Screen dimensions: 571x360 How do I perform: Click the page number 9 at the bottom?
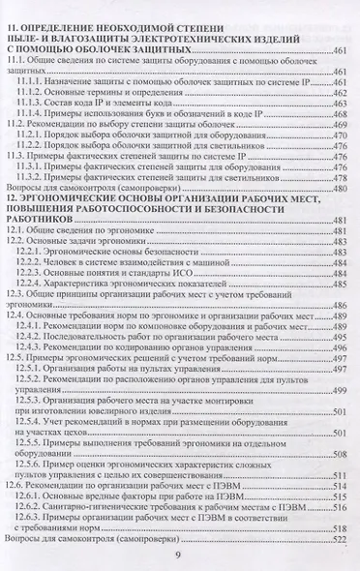179,554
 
